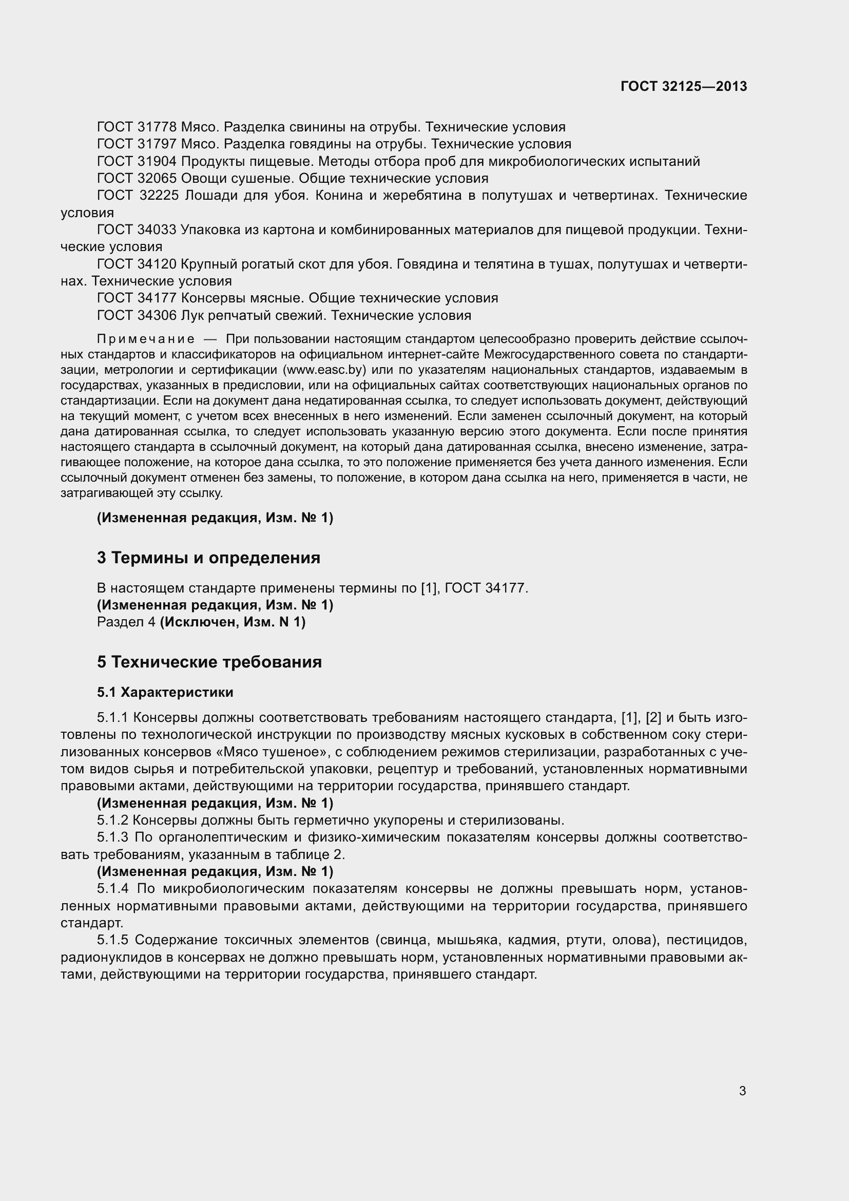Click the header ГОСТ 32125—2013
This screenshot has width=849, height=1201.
(684, 86)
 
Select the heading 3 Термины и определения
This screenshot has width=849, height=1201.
(208, 558)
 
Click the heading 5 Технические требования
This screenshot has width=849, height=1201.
(209, 662)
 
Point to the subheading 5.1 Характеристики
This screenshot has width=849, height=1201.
(165, 693)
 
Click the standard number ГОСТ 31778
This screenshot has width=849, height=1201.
(137, 127)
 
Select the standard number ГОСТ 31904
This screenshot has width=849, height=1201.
(137, 162)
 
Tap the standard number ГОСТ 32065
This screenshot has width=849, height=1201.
(137, 179)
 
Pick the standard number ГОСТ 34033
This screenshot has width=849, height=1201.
(137, 230)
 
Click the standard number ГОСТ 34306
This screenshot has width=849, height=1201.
(137, 316)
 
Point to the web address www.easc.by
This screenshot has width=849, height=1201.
(323, 370)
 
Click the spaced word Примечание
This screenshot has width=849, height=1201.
(146, 339)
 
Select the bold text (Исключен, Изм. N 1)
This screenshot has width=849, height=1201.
(233, 622)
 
